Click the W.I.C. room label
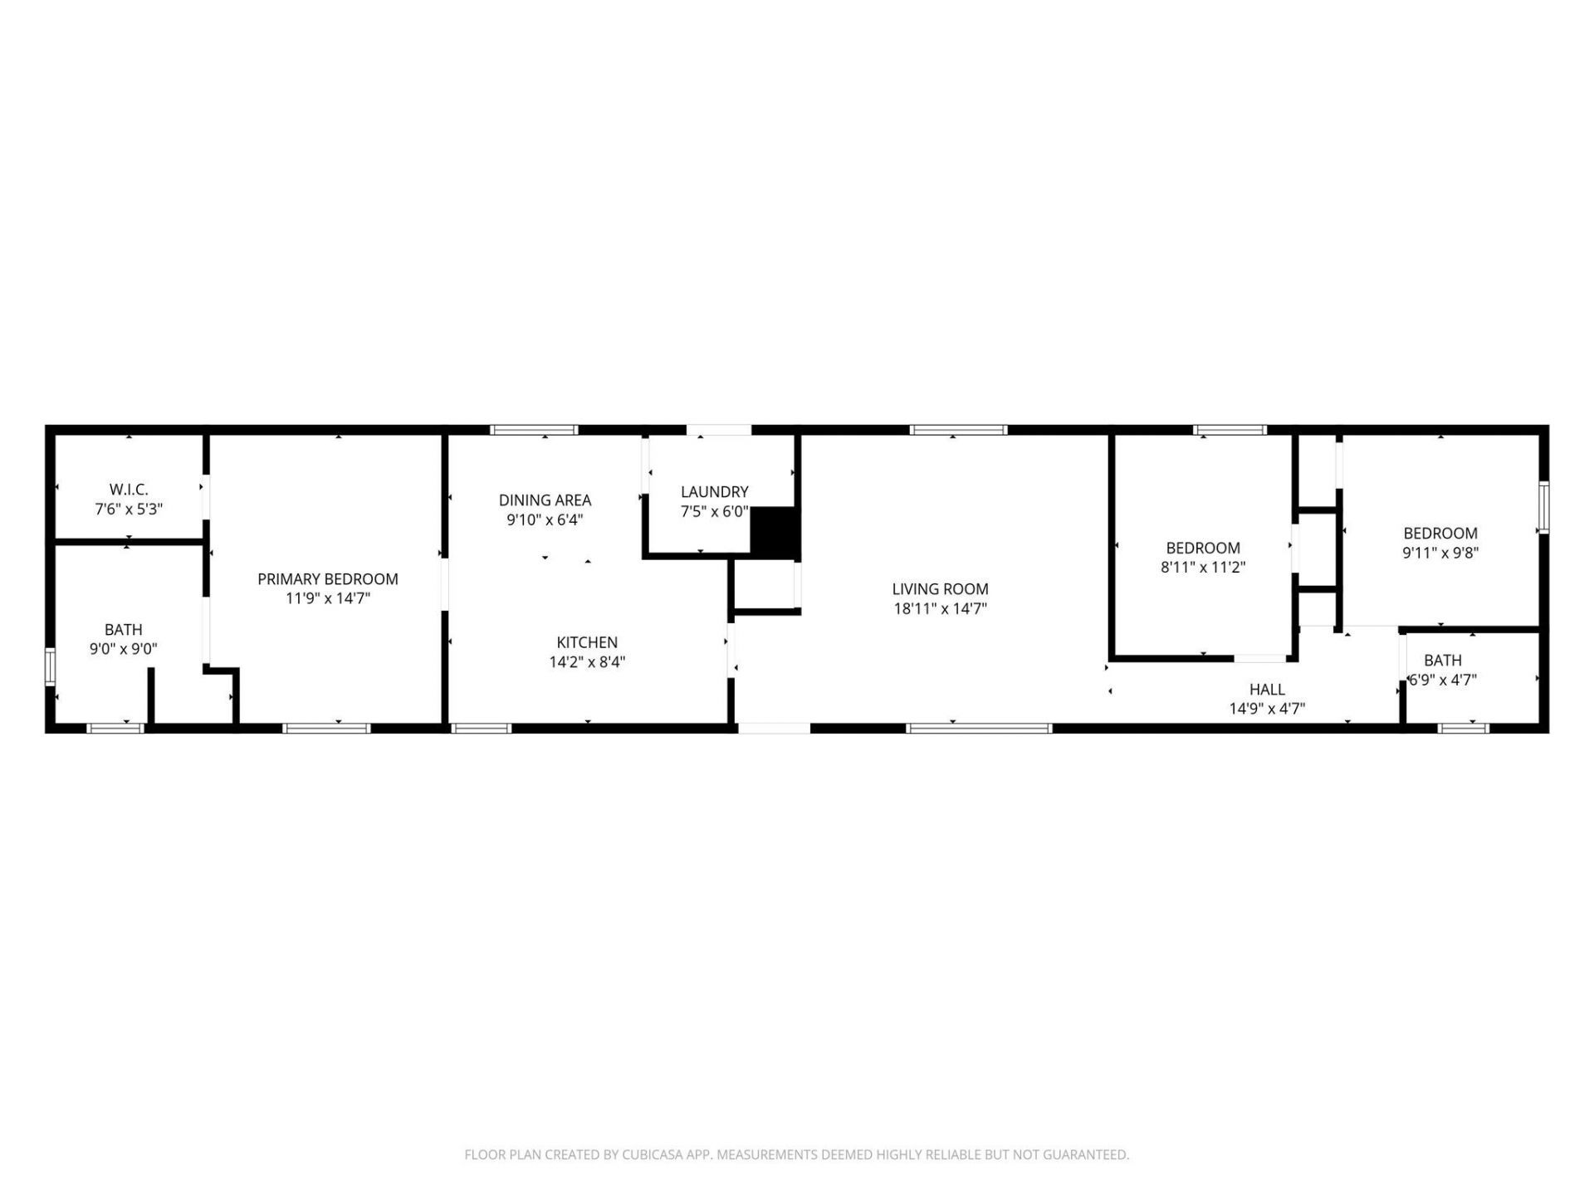coord(129,490)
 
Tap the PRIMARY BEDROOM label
coord(328,579)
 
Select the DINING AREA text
coord(545,500)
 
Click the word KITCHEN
coord(587,642)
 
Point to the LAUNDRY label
coord(715,492)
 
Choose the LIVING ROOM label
coord(940,589)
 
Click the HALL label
coord(1267,690)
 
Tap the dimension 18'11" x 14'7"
coord(940,609)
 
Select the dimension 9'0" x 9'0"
coord(124,649)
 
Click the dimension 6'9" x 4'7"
coord(1443,680)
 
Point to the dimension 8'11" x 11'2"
coord(1203,568)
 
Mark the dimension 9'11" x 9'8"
coord(1440,553)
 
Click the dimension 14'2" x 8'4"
coord(587,662)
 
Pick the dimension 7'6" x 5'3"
coord(129,509)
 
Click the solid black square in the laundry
coord(775,531)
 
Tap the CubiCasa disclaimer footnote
coord(797,1154)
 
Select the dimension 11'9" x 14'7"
coord(328,598)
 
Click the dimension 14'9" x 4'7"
coord(1267,709)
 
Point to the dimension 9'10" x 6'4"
coord(545,520)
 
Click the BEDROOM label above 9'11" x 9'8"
coord(1440,534)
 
